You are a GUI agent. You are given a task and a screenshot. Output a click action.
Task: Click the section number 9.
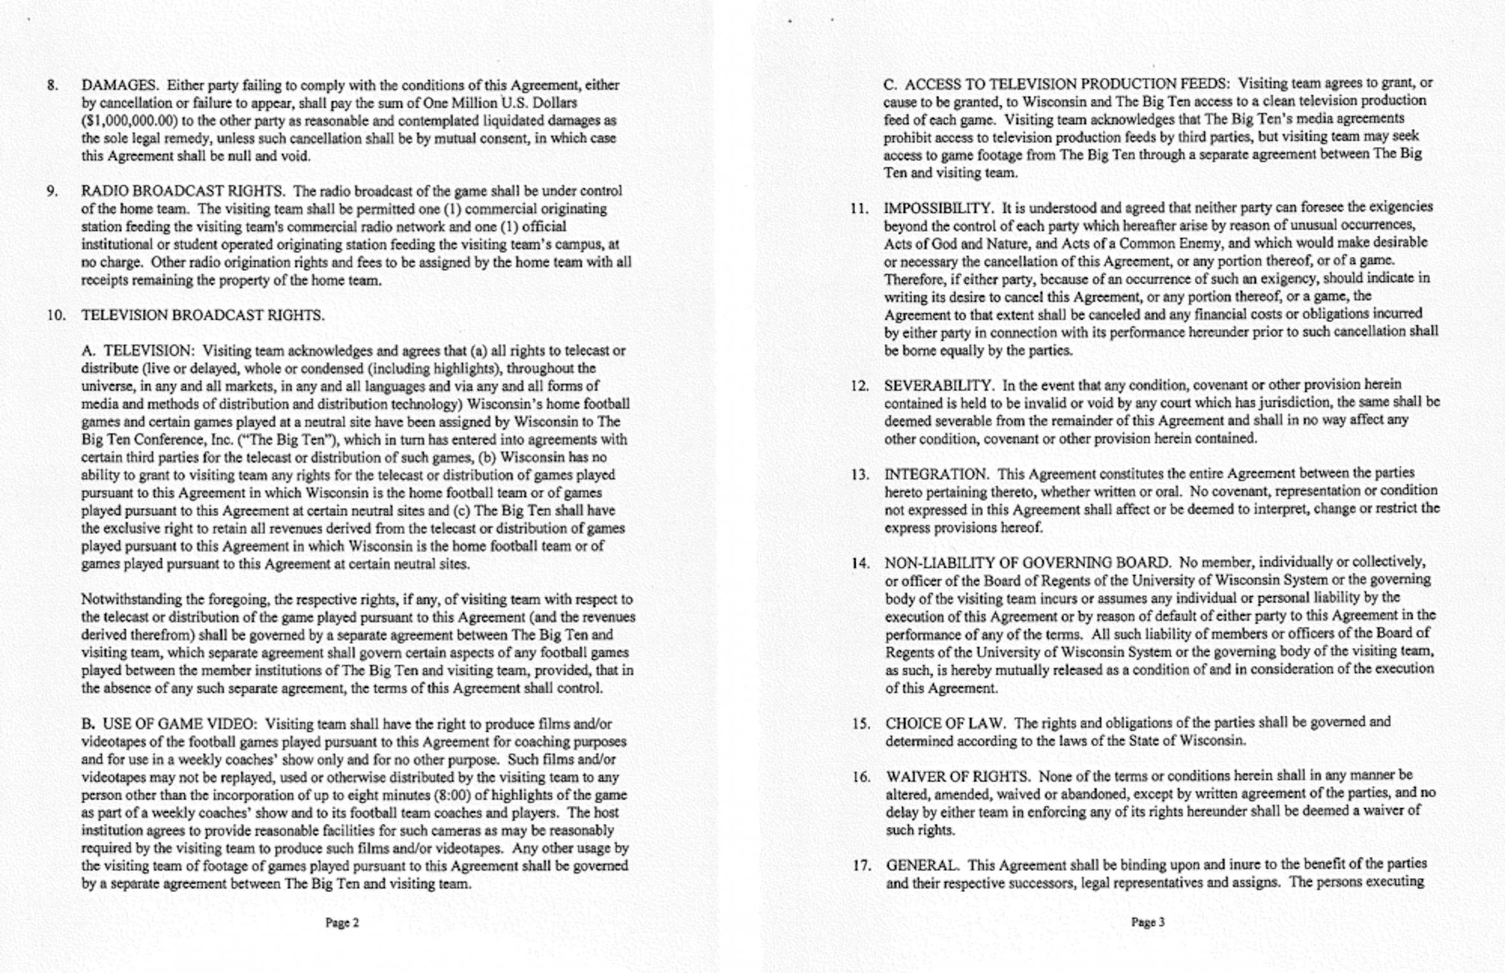click(52, 191)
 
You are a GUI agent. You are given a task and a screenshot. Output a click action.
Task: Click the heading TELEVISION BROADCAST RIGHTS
click(203, 315)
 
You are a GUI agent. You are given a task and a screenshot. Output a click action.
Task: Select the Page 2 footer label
click(342, 923)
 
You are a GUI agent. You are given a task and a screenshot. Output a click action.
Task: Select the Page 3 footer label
click(1148, 922)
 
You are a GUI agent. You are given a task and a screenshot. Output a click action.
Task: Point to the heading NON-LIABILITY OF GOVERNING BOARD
click(1027, 563)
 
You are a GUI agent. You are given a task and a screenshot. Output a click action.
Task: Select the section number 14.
click(861, 564)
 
